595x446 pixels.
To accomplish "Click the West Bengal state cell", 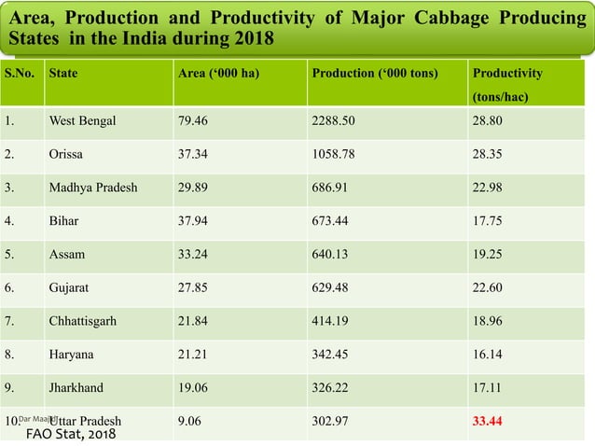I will [82, 120].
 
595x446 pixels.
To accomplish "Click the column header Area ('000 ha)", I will [218, 73].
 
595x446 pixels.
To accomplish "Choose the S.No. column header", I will [21, 73].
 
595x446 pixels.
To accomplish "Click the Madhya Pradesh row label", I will [92, 188].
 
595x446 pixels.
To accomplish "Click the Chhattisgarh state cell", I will [82, 321].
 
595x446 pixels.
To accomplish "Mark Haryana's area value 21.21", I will [193, 355].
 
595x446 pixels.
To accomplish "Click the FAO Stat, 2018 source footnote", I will [71, 435].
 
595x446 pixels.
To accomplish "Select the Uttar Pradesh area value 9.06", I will [189, 421].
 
